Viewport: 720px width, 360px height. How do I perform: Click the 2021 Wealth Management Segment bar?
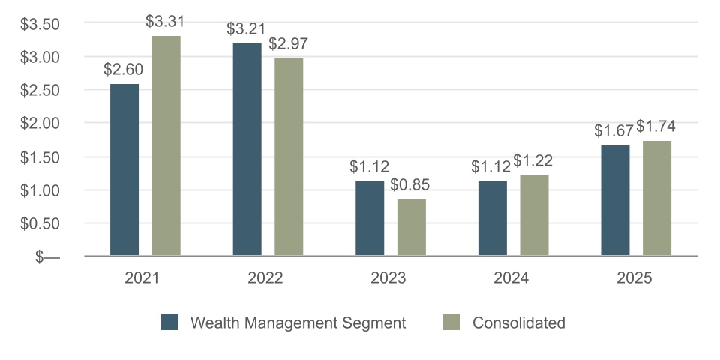[124, 169]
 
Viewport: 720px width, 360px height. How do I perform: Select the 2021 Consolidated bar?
[166, 145]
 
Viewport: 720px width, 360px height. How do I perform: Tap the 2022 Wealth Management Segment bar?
[247, 149]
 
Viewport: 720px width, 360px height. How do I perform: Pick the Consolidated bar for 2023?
[412, 227]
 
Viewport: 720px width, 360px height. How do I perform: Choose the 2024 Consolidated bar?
[534, 215]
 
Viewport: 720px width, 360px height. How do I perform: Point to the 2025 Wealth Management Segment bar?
[615, 200]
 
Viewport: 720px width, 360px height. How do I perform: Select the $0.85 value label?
[411, 185]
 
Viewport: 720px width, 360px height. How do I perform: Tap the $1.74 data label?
[655, 127]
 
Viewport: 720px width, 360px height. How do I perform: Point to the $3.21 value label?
[247, 29]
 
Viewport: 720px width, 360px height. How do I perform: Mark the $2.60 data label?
[124, 70]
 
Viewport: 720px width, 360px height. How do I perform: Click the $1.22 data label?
[533, 161]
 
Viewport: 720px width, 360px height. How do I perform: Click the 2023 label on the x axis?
[388, 278]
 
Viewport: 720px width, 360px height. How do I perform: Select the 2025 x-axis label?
[634, 278]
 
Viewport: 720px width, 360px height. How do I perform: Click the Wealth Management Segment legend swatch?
[169, 322]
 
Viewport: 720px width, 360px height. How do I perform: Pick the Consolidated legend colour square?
[451, 322]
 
